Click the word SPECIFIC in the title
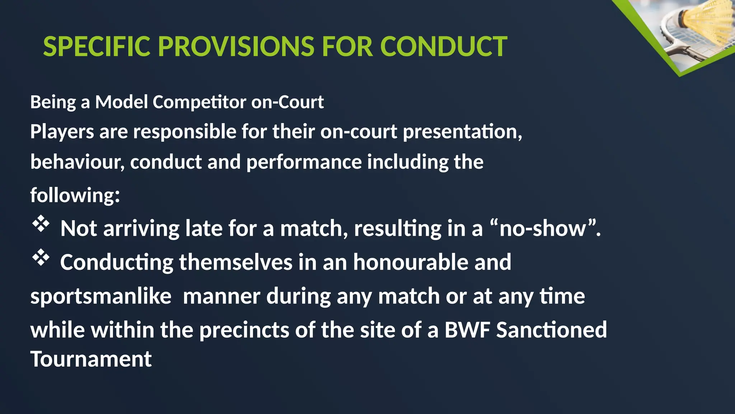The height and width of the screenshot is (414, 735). [97, 47]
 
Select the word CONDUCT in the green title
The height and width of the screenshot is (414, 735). [443, 47]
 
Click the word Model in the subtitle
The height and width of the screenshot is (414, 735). [121, 102]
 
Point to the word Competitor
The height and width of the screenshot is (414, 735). [199, 102]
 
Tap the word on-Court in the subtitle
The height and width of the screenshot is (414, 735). [287, 102]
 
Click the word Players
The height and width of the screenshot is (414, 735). [62, 132]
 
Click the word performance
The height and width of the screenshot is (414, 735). [304, 162]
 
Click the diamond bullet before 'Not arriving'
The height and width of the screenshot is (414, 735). [41, 224]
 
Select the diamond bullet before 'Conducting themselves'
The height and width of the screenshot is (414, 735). [41, 257]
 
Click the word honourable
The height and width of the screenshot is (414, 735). [411, 262]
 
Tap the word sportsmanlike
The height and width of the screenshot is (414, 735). [101, 296]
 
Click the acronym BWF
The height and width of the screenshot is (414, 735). [467, 330]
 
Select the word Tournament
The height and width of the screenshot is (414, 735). [91, 359]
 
